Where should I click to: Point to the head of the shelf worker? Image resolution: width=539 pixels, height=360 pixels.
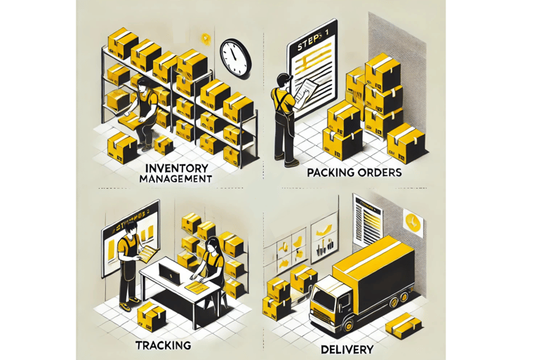(x=143, y=86)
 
